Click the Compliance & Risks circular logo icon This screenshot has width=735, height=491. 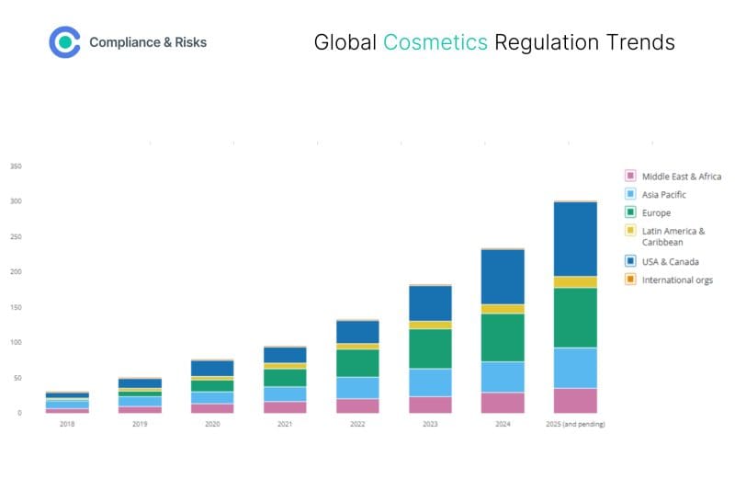pos(64,42)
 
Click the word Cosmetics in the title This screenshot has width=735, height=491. pos(435,42)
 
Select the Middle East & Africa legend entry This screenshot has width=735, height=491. pos(681,176)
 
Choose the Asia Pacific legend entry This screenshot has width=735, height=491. pos(663,194)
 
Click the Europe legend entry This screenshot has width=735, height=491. pos(656,213)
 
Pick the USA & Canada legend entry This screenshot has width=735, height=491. pos(670,262)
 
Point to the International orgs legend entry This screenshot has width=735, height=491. pos(676,280)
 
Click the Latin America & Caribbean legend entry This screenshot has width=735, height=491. pos(673,236)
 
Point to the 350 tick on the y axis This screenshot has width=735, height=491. pos(16,166)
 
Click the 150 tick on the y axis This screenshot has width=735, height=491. pos(16,307)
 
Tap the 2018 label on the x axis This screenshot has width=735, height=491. pos(67,424)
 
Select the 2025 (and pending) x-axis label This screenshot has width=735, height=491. pos(574,424)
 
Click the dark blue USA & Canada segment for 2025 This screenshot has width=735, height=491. pos(574,238)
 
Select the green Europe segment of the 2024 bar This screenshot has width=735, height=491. pos(502,337)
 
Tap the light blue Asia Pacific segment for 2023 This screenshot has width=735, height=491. pos(429,383)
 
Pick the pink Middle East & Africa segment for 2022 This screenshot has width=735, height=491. pos(356,405)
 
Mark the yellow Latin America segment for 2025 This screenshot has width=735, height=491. pos(574,282)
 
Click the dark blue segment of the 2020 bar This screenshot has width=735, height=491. pos(211,368)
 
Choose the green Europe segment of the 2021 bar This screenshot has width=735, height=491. pos(284,377)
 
